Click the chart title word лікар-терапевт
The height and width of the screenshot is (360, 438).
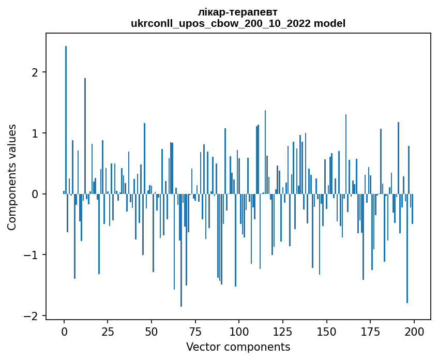point(238,12)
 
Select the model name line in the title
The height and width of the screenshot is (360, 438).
point(238,23)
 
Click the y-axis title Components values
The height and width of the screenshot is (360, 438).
point(11,177)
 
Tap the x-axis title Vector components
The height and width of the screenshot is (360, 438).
point(238,347)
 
